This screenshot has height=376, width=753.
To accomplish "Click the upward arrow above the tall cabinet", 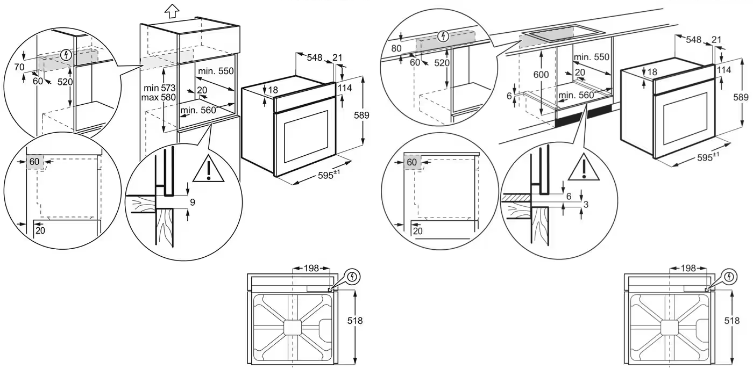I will [x=172, y=10].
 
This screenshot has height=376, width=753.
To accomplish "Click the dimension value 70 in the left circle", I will [x=20, y=67].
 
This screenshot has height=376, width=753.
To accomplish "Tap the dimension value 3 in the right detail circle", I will [x=586, y=205].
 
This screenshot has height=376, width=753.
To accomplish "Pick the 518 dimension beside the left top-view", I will [x=355, y=321].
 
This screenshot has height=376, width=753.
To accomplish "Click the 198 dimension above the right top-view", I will [x=688, y=267].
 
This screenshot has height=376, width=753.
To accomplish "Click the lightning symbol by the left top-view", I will [x=353, y=277].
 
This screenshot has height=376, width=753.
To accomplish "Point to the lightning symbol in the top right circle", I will [x=443, y=36].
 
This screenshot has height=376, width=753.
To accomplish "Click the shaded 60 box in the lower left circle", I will [x=34, y=162].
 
